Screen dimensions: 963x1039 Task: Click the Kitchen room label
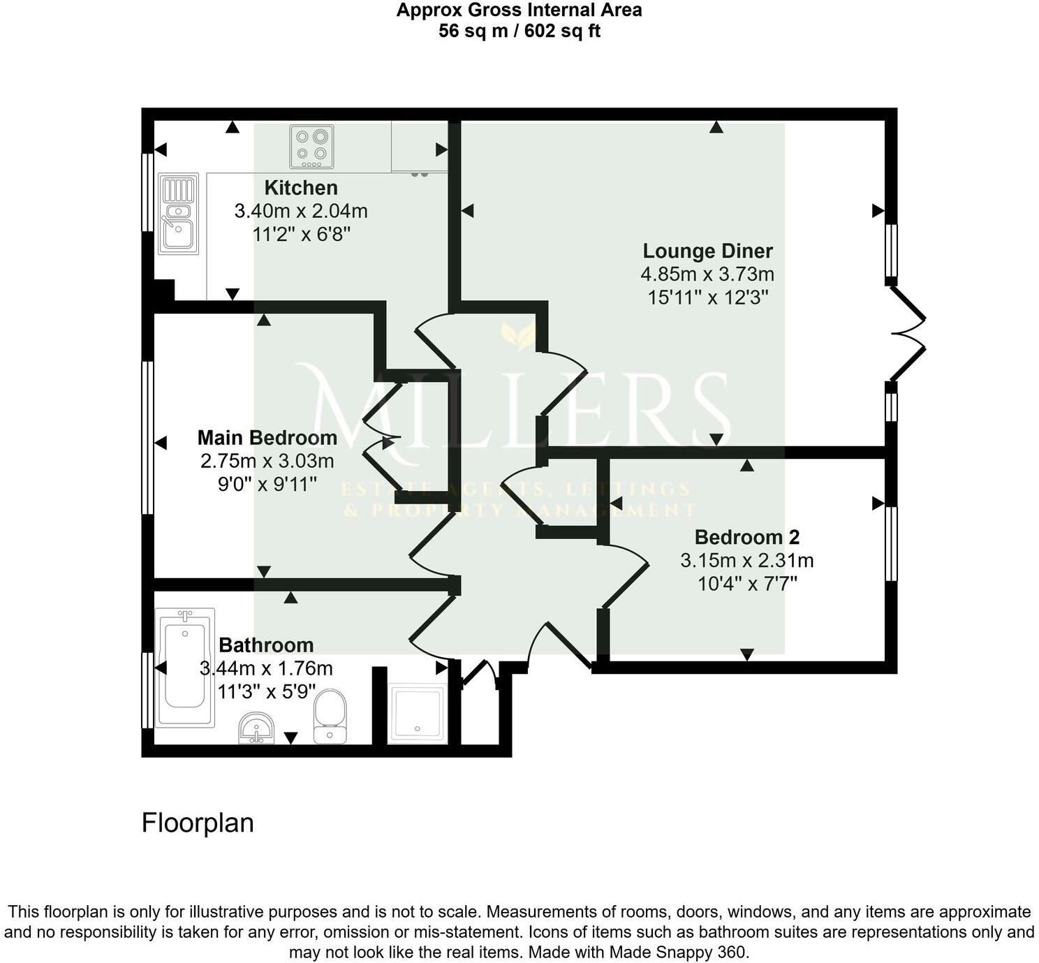(301, 188)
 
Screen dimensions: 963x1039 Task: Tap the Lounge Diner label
(707, 251)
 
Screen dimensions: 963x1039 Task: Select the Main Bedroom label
(267, 438)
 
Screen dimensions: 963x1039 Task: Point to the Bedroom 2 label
(746, 537)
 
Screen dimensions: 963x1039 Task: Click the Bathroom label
(266, 645)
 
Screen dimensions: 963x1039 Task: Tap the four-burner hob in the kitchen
(311, 147)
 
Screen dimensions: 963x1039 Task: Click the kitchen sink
(178, 214)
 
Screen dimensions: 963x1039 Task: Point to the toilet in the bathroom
(330, 716)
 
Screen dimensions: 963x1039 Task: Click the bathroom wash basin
(257, 729)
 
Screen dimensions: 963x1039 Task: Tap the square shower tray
(417, 713)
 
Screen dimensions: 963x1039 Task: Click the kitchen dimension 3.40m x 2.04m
(301, 211)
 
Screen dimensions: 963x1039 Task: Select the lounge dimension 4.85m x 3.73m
(707, 274)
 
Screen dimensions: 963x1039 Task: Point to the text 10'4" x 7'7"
(747, 583)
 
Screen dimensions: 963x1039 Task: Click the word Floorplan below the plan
(198, 823)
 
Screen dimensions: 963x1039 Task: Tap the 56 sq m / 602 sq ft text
(519, 31)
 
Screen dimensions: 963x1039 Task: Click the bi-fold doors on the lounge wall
(908, 332)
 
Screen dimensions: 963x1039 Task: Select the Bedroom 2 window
(891, 544)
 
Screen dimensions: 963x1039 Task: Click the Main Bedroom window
(147, 438)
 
